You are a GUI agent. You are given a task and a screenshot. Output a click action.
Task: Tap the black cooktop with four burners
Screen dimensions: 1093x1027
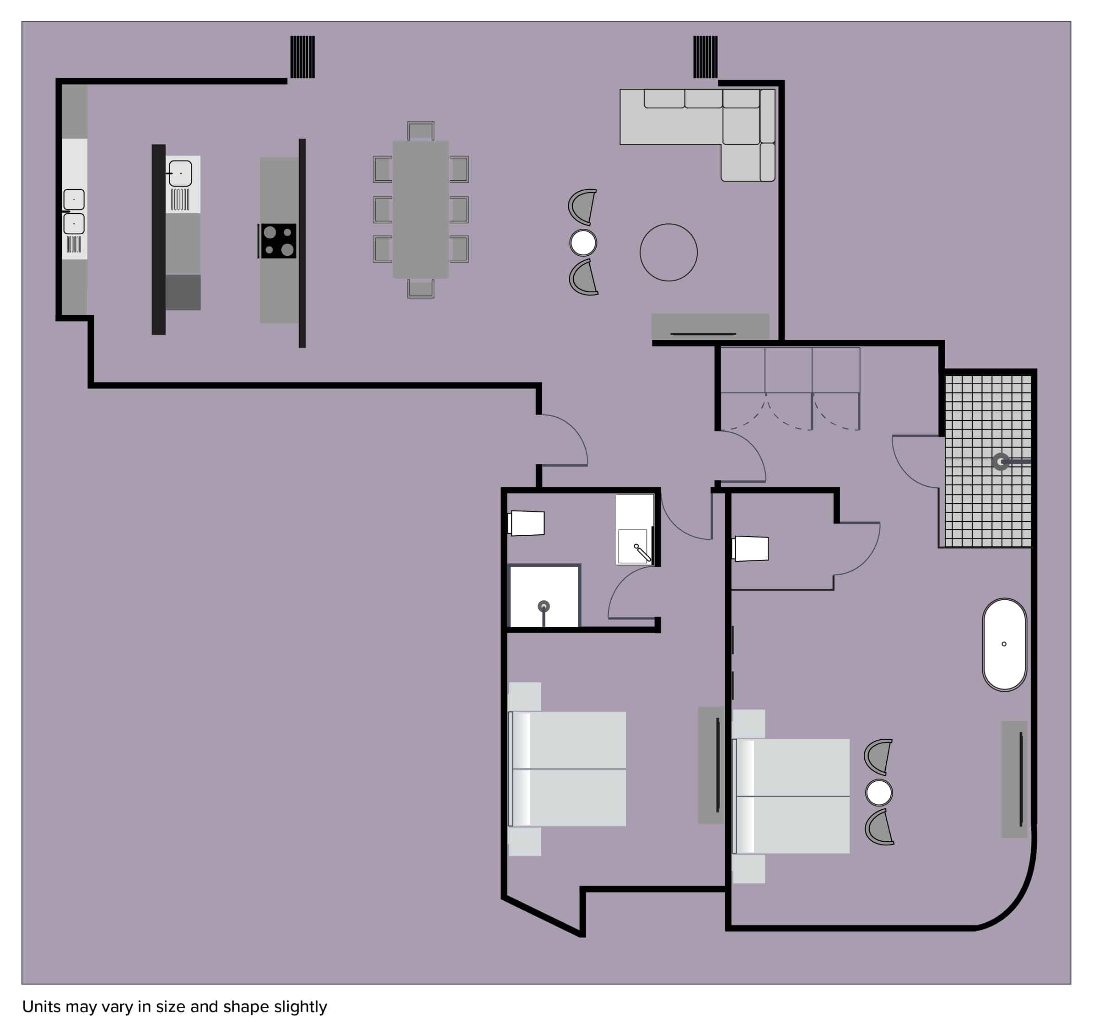[277, 241]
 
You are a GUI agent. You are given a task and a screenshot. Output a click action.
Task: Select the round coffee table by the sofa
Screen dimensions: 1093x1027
[668, 253]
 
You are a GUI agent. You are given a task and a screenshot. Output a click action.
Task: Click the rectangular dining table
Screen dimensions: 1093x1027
[420, 210]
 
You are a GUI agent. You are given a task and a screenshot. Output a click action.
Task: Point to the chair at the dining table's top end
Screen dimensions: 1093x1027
[420, 131]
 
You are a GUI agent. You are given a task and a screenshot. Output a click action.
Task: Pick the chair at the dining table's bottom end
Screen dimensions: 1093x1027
[420, 289]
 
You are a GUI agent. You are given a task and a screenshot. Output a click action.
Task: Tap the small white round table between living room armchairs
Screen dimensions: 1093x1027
[583, 242]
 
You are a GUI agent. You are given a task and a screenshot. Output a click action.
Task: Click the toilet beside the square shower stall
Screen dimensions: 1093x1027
[526, 523]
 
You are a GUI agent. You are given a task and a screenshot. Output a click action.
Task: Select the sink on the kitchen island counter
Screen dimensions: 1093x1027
[180, 173]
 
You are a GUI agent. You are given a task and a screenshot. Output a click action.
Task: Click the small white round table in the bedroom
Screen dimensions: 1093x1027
[878, 792]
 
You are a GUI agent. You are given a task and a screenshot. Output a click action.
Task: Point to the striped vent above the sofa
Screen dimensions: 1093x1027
[705, 57]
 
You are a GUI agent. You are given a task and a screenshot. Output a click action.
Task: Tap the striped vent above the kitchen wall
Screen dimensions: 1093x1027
[302, 57]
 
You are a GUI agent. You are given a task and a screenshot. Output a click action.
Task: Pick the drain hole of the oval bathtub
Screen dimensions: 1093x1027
[1004, 644]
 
